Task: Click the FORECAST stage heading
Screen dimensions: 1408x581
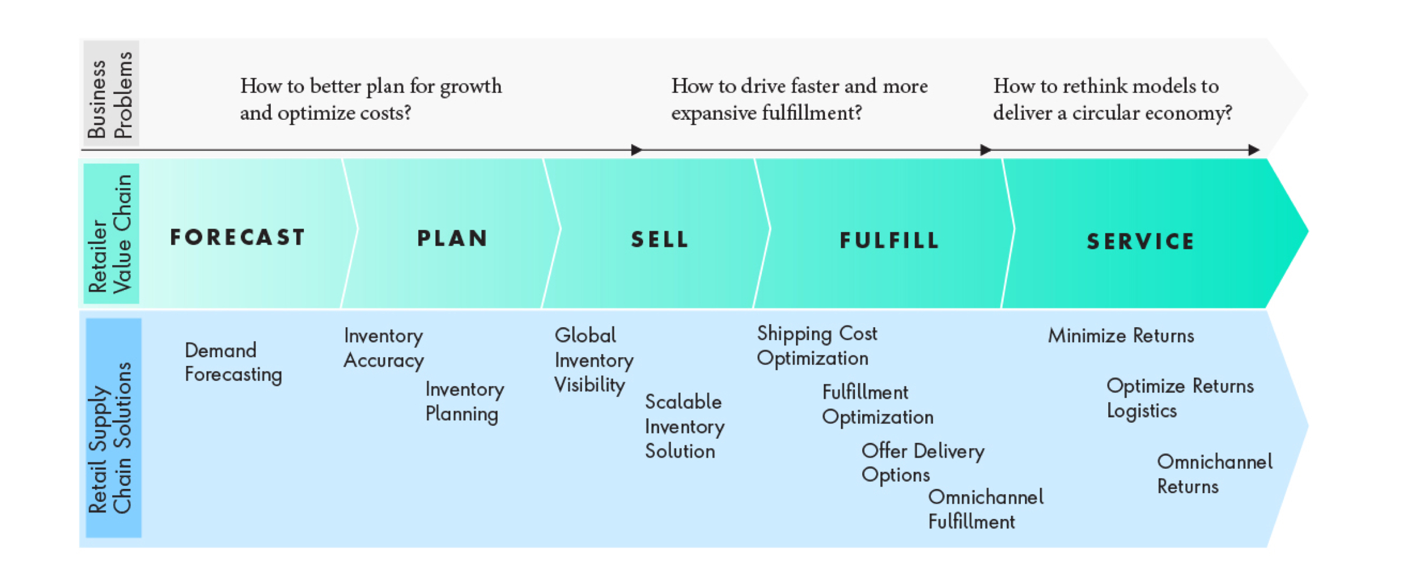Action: pos(237,237)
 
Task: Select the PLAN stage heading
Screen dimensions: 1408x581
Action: pos(453,239)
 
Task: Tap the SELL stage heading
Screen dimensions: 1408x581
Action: pos(660,240)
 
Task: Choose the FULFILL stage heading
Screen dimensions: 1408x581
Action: pos(889,240)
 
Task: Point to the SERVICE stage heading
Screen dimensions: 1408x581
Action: pos(1141,241)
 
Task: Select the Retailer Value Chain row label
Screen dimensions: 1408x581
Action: pos(110,234)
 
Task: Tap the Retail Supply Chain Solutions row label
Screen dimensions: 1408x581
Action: pos(110,437)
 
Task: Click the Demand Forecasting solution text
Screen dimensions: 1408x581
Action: pos(233,363)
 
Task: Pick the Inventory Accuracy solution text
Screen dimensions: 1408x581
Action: pos(384,348)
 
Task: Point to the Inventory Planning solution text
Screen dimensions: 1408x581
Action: pos(464,402)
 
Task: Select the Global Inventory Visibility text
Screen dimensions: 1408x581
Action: pos(594,360)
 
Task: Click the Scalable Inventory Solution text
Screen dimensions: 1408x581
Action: pos(685,426)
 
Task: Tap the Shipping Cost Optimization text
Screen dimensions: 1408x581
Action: pos(817,346)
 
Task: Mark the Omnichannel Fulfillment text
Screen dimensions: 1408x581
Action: pos(985,510)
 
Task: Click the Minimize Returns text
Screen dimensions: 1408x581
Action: pos(1121,336)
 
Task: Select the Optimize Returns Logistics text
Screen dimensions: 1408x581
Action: pos(1180,399)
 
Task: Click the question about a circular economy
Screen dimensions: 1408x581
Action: pos(1112,99)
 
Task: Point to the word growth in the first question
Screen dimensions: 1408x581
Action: pos(470,87)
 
